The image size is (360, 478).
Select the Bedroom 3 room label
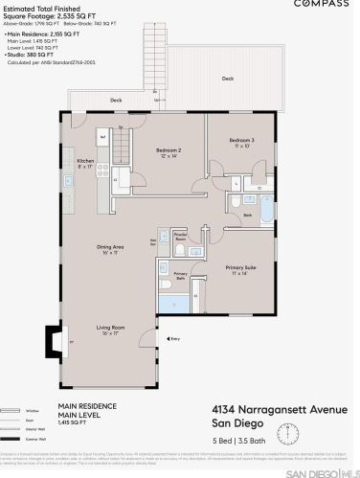(x=240, y=141)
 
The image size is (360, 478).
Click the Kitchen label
(x=85, y=162)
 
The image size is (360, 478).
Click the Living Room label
(x=111, y=330)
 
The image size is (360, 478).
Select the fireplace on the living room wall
(x=51, y=340)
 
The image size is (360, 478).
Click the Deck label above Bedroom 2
(x=116, y=101)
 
